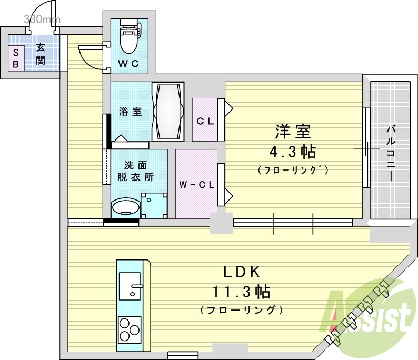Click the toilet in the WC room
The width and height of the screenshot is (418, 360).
(x=130, y=36)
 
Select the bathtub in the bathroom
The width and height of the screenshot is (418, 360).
(x=168, y=112)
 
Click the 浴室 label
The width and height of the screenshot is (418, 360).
(x=130, y=112)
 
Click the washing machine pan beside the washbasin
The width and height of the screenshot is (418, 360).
(x=154, y=205)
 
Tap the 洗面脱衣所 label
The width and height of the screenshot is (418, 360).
(x=135, y=171)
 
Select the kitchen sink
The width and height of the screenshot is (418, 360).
(x=130, y=285)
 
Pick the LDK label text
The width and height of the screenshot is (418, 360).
(x=241, y=272)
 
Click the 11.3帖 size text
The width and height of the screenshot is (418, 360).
(x=241, y=292)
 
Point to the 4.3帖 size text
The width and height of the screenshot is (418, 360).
(x=292, y=152)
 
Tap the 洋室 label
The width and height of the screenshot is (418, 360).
(x=293, y=132)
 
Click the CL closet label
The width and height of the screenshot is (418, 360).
(x=205, y=122)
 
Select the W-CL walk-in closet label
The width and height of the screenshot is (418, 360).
(x=197, y=185)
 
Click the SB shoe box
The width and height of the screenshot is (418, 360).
(x=16, y=58)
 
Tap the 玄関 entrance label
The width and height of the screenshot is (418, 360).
(x=41, y=55)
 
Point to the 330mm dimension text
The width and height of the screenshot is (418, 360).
(x=42, y=19)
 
